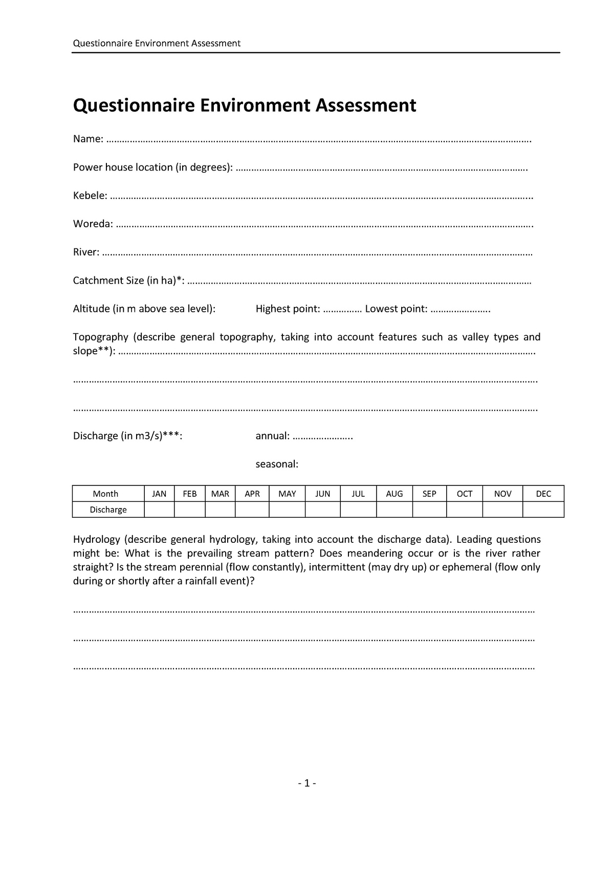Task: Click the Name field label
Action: coord(87,139)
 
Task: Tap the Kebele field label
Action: coord(90,196)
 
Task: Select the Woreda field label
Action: coord(93,224)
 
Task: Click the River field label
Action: coord(85,252)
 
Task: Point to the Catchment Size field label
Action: coord(128,281)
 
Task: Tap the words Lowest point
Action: coord(396,309)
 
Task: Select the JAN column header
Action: coord(159,494)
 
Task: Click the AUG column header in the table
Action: coord(394,494)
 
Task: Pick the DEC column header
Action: coord(543,494)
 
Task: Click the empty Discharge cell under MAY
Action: coord(287,510)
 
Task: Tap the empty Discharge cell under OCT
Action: coord(464,510)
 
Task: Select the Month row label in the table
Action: coord(105,494)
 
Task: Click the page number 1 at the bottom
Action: coord(306,783)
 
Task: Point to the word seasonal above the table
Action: coord(276,464)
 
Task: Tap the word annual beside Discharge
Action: coord(272,436)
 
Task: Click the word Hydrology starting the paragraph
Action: coord(96,539)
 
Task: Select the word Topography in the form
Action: coord(100,337)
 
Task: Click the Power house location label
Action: coord(152,167)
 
